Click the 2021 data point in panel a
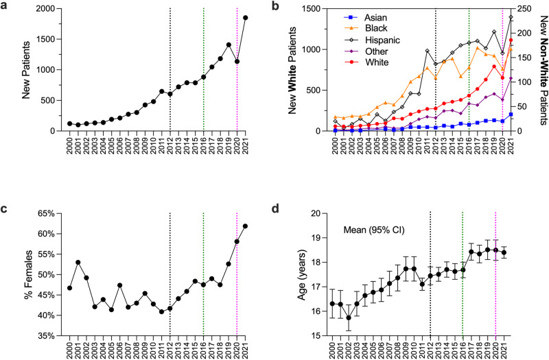click(x=246, y=18)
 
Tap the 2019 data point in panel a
click(x=229, y=45)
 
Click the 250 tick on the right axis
click(x=521, y=8)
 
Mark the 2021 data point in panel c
click(x=246, y=226)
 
